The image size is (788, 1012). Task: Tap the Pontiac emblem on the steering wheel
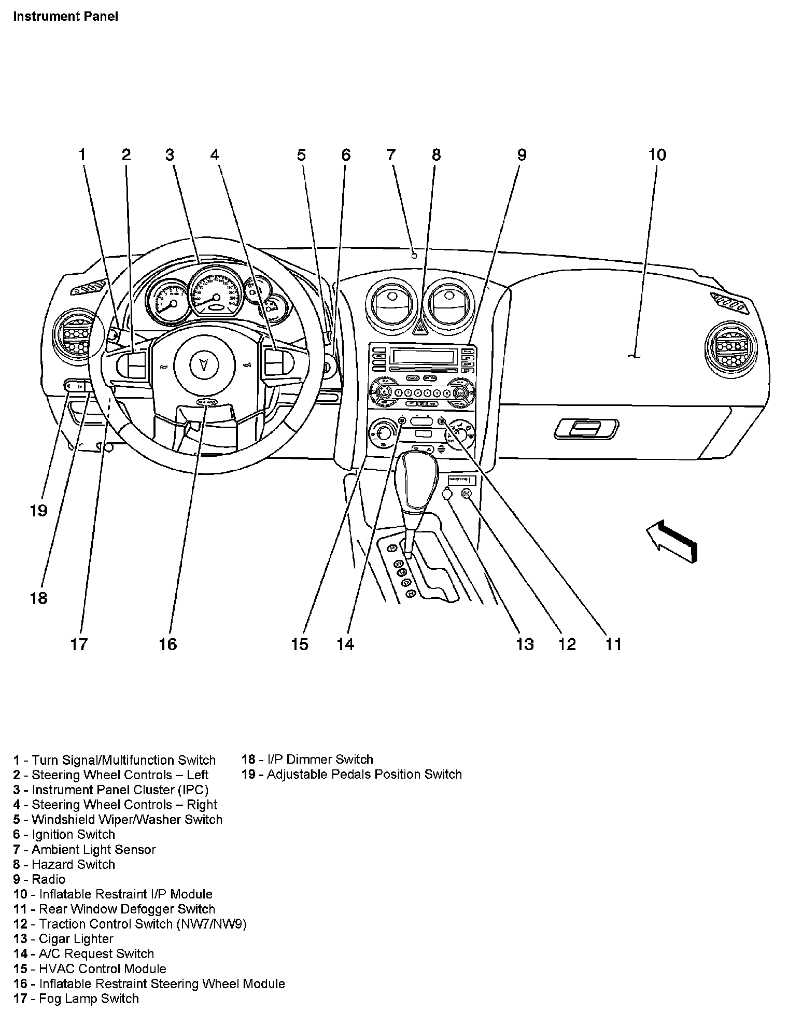[206, 363]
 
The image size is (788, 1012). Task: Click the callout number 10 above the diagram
[657, 154]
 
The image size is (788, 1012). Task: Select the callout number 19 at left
[38, 511]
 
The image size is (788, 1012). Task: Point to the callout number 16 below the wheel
[167, 644]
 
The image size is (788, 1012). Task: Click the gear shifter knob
[416, 480]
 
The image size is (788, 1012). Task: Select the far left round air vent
[75, 337]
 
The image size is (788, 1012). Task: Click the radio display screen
[423, 357]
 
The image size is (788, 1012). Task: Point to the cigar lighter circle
[447, 494]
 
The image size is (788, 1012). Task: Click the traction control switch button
[466, 494]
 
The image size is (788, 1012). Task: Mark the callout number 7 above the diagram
[391, 154]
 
